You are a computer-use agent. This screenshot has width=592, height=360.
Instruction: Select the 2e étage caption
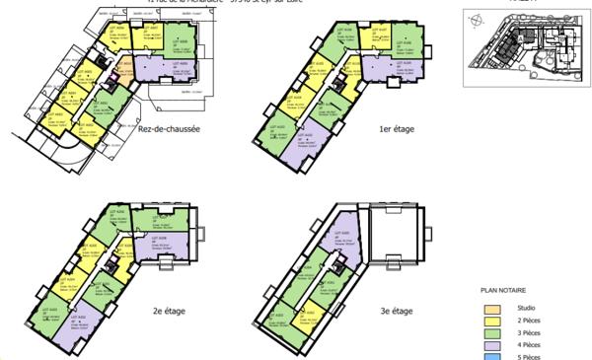[171, 312]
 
